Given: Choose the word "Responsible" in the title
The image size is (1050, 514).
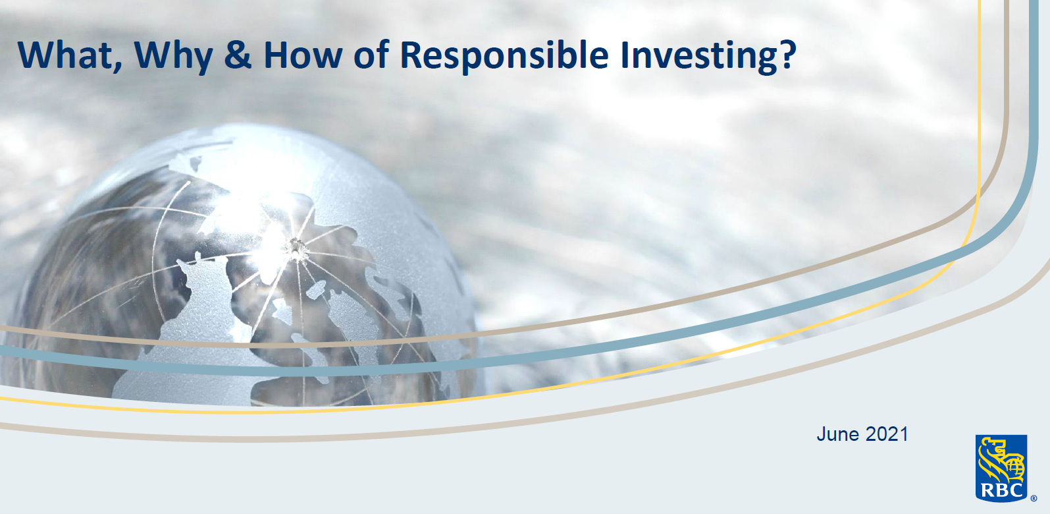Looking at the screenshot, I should point(504,55).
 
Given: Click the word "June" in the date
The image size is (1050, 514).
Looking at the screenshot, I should point(837,434).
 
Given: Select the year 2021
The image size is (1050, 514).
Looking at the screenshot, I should point(887,434).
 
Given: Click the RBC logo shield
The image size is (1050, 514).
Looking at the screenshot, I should point(1001,468).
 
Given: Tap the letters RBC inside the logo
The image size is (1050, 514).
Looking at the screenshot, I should point(1001,490).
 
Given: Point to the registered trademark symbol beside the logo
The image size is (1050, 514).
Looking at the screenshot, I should point(1033,498).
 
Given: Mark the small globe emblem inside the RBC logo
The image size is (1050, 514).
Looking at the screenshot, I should point(1016,467).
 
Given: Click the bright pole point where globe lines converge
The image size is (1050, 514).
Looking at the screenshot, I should point(294,247).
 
